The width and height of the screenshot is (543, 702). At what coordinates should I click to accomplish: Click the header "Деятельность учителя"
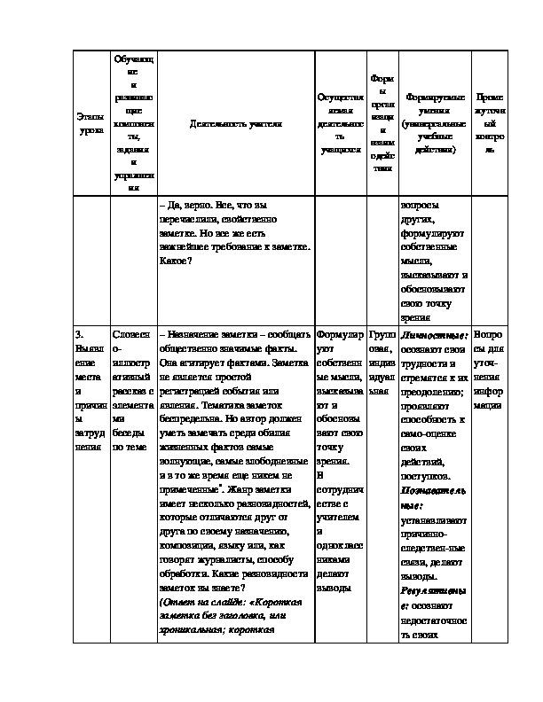pyautogui.click(x=236, y=124)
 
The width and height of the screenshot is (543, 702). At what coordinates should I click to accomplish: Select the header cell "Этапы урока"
pyautogui.click(x=90, y=123)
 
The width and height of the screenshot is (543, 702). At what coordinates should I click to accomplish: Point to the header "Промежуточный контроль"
pyautogui.click(x=490, y=123)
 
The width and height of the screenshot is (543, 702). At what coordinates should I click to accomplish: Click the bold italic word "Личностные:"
pyautogui.click(x=434, y=337)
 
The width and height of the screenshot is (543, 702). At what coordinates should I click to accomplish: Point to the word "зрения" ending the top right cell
pyautogui.click(x=417, y=317)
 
